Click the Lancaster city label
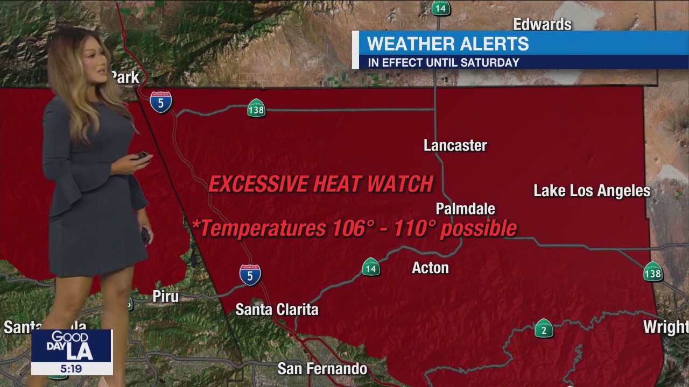pos(455,146)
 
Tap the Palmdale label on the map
pos(465,209)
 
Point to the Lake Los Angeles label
pos(592,191)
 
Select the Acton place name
pos(430,268)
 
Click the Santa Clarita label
pos(277,310)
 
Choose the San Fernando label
pos(322,369)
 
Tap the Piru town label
pos(165,297)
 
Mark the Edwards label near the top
pos(542,24)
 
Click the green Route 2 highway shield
pos(544,328)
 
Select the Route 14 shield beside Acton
pos(370,267)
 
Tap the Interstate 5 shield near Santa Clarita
pos(250,275)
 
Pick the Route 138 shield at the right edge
pos(652,272)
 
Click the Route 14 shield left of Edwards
pos(440,8)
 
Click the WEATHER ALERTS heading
pos(448,44)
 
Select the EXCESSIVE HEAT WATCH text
pos(321,184)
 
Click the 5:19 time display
pos(71,369)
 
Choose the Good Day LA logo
pos(71,346)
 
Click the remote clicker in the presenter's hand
pos(142,155)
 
